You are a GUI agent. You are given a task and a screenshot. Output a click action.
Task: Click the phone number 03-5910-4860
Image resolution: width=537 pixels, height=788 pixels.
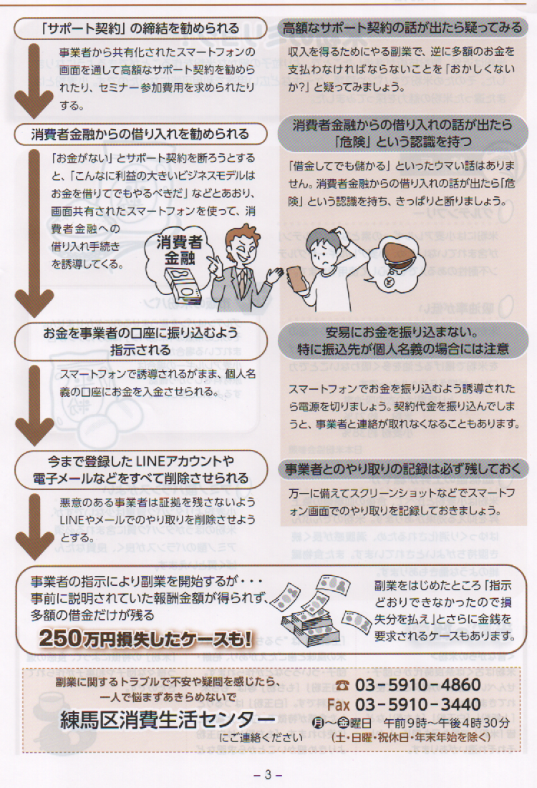pos(418,685)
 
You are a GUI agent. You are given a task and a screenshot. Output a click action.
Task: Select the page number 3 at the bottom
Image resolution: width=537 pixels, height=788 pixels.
pos(268,774)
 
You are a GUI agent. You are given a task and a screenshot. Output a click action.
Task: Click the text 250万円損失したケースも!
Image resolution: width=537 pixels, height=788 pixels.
pos(145,638)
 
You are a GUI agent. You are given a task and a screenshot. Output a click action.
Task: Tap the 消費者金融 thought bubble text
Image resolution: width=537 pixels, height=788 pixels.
pos(179,250)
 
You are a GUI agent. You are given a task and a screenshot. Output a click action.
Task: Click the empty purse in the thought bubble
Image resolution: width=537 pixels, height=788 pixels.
pos(399,255)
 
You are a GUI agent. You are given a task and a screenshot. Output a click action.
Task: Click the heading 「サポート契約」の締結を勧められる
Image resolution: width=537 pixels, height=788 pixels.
pos(140,28)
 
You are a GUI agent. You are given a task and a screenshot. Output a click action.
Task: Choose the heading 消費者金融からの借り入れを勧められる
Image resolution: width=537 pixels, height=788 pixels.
pos(140,134)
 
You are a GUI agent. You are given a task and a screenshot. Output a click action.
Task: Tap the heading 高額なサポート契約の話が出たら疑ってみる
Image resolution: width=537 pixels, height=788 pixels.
pos(402,27)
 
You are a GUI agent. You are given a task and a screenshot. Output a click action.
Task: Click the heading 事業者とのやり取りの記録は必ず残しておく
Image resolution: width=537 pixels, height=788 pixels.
pos(403,469)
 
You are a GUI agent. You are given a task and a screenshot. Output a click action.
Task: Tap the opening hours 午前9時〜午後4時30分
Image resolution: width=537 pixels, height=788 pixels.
pos(447,724)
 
